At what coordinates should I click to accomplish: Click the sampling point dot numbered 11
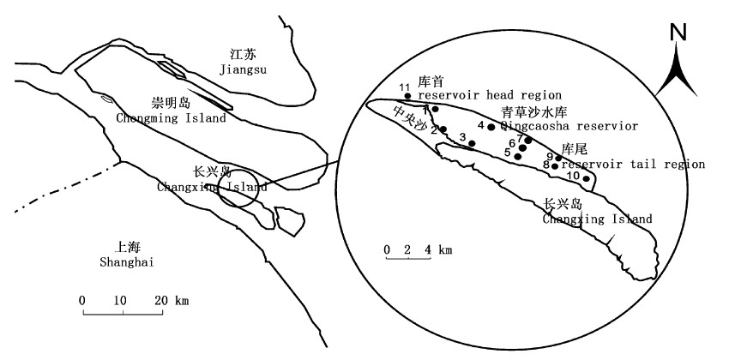pyautogui.click(x=407, y=96)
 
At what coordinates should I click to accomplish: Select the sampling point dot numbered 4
pyautogui.click(x=491, y=127)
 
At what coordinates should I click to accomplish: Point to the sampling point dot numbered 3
pyautogui.click(x=472, y=142)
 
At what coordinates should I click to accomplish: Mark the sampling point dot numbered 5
pyautogui.click(x=517, y=156)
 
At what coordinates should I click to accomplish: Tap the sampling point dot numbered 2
pyautogui.click(x=443, y=129)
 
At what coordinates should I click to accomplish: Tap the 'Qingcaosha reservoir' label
pyautogui.click(x=569, y=126)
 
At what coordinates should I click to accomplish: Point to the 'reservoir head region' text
pyautogui.click(x=491, y=94)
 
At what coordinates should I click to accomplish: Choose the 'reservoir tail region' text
pyautogui.click(x=635, y=164)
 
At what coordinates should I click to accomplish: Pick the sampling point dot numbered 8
pyautogui.click(x=555, y=165)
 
